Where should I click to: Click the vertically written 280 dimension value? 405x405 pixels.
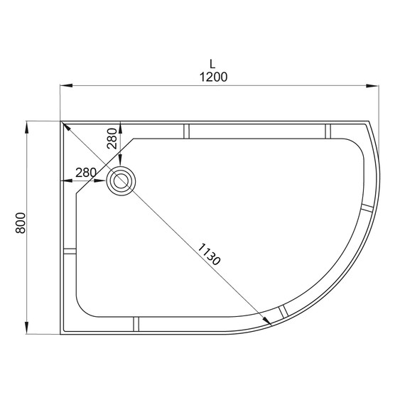112,136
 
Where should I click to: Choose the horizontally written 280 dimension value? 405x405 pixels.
85,172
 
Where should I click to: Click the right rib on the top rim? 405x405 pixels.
329,131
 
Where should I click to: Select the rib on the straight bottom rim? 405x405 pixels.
136,325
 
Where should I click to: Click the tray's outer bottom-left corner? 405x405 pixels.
61,335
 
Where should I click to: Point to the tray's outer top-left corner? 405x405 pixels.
61,121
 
